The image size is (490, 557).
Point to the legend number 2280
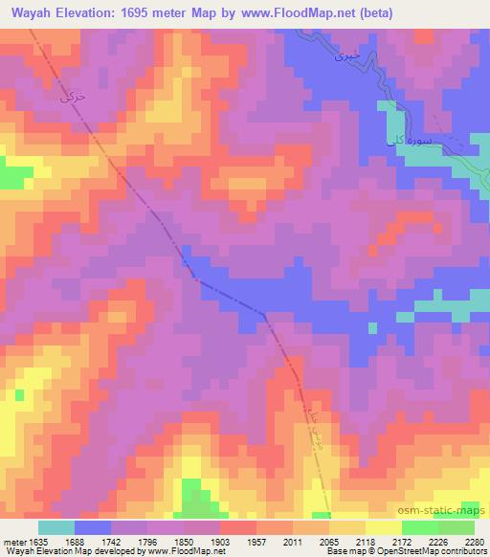(x=475, y=541)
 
